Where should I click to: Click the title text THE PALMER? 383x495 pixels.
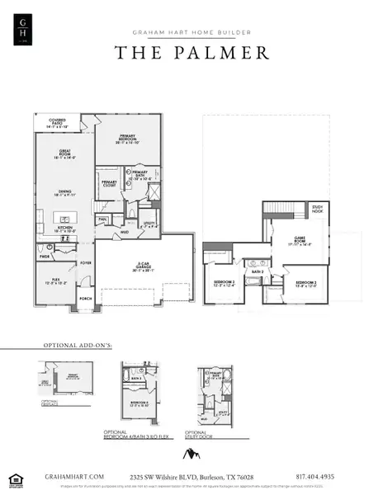click(191, 52)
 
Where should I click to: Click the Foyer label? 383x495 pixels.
click(85, 264)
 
